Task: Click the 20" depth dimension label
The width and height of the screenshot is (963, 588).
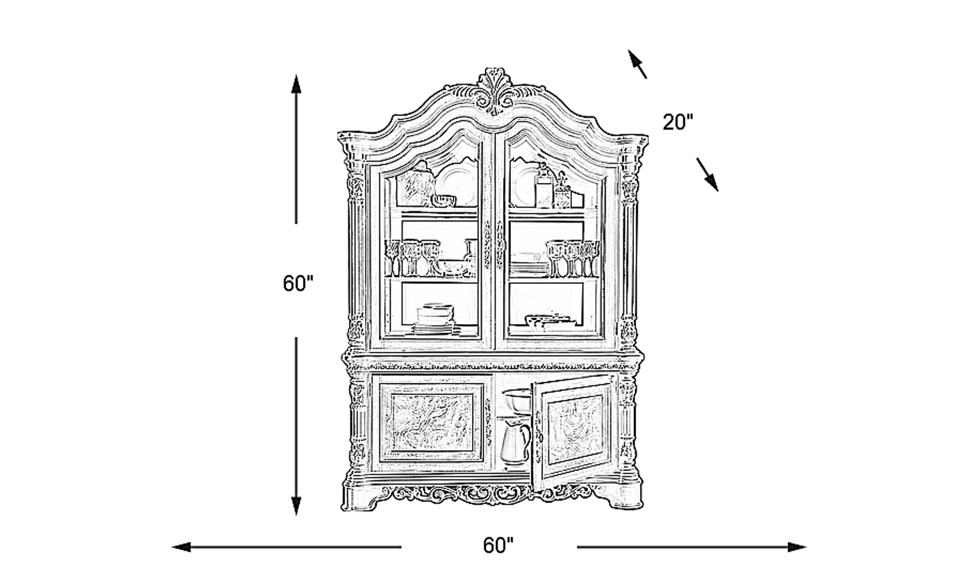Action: tap(678, 122)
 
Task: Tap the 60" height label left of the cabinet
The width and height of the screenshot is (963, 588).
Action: tap(298, 283)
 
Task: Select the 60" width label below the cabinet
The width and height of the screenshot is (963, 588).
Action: tap(498, 545)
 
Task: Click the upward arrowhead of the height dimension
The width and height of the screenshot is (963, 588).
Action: tap(296, 84)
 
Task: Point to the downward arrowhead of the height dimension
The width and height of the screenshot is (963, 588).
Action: tap(296, 506)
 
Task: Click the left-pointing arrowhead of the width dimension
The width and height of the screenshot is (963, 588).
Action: tap(181, 547)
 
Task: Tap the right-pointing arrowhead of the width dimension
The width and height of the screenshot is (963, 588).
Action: tap(796, 547)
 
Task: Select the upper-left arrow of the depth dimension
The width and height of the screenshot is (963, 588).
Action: tap(637, 64)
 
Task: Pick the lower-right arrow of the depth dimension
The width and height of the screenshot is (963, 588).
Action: tap(708, 174)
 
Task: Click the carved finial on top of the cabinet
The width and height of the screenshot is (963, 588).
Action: tap(494, 91)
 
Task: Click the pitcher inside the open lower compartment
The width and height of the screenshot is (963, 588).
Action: tap(515, 442)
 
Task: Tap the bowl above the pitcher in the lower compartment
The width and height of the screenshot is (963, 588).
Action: tap(516, 402)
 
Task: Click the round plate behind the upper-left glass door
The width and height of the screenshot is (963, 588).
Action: tap(457, 184)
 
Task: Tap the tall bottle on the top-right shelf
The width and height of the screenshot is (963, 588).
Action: tap(544, 186)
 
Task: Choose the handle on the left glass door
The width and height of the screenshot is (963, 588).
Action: tap(488, 245)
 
